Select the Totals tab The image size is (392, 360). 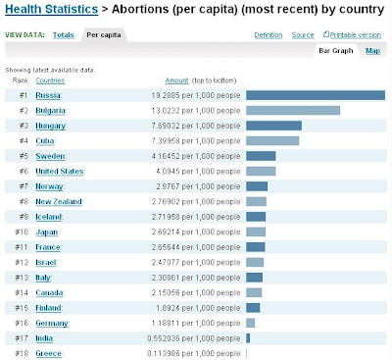coord(64,35)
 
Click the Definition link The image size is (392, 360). coord(268,35)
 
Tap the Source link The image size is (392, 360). coord(303,35)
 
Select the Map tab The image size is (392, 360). coord(372,50)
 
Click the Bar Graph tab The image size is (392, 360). coord(337,50)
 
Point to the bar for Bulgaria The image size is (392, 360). coord(292,111)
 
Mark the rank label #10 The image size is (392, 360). coord(24,231)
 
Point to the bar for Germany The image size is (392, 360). coord(250,322)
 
